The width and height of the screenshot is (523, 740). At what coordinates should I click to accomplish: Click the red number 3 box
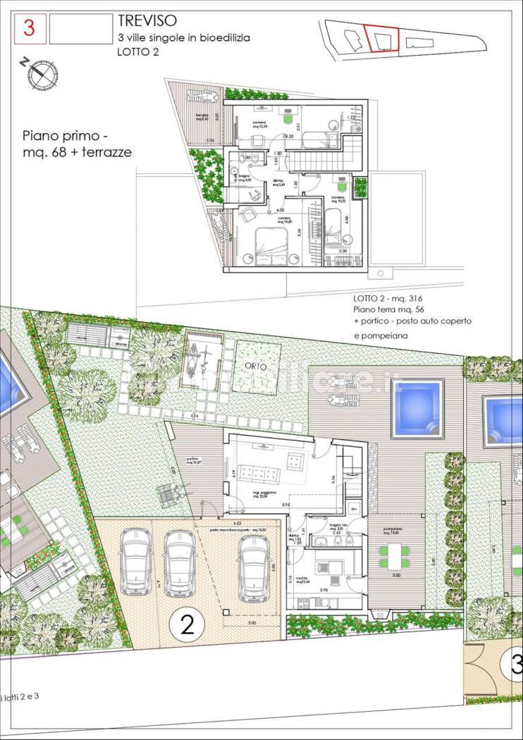coord(30,28)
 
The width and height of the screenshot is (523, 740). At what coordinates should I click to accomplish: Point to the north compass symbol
coord(42,73)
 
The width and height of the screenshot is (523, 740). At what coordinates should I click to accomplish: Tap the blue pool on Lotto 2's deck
coord(417,407)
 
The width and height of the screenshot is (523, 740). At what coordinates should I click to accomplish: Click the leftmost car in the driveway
coord(136,560)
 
